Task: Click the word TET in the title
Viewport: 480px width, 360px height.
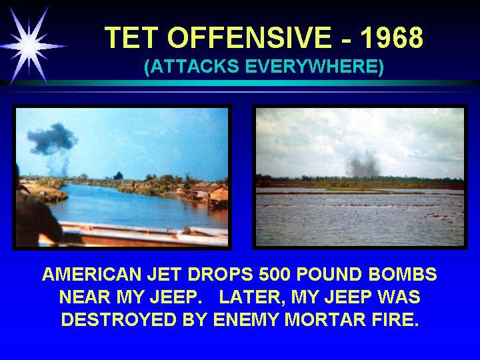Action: coord(131,37)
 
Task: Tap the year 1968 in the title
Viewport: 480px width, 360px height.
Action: coord(392,37)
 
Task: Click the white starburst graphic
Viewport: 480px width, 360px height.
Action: coord(30,46)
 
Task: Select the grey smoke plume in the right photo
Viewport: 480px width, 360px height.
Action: coord(364,165)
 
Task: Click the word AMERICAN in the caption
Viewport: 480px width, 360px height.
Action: coord(92,274)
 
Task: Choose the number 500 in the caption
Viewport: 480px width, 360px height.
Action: coord(274,274)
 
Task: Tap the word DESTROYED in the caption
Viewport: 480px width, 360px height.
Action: coord(119,319)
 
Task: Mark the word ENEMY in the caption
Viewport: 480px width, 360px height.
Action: coord(246,319)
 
